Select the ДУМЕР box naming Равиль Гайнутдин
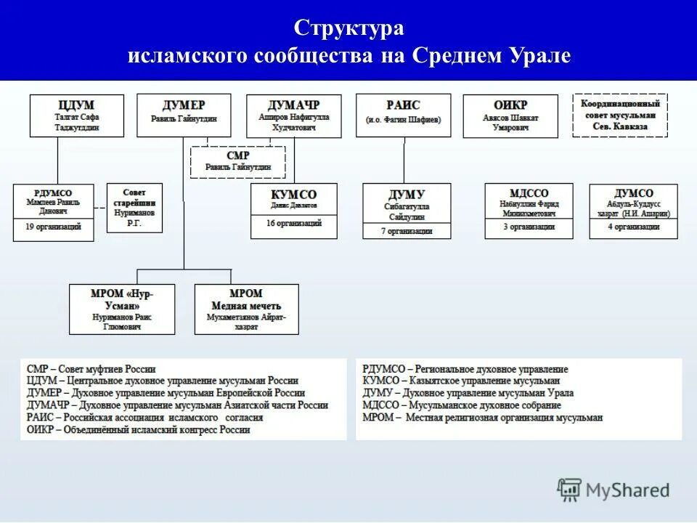tap(184, 115)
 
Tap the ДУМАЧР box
tap(293, 115)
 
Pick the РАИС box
tap(403, 115)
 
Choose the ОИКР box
tap(510, 115)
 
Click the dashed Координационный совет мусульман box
tap(619, 115)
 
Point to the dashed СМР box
tap(237, 161)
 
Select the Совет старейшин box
tap(134, 208)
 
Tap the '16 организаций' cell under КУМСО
tap(293, 224)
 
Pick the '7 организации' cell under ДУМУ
tap(407, 231)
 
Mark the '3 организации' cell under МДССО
tap(529, 227)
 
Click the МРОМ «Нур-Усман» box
tap(122, 309)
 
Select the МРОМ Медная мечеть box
tap(245, 309)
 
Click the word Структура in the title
tap(348, 29)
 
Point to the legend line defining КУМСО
tap(461, 381)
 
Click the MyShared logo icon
tap(569, 490)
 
